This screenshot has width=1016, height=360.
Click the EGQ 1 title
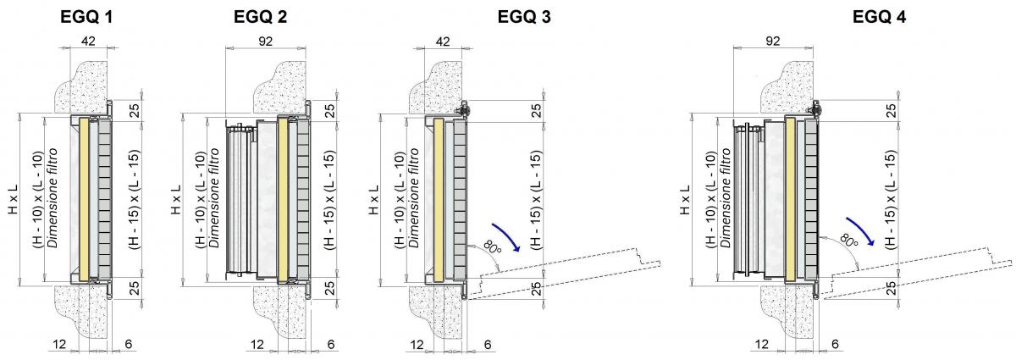point(86,17)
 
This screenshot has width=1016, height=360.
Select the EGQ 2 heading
point(260,17)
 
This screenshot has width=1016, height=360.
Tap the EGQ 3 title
point(524,17)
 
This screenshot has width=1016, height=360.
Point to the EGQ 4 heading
point(879,17)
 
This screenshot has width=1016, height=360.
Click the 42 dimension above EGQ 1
point(88,41)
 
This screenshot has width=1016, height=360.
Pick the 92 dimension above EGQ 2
point(265,41)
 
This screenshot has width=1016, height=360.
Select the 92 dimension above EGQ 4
point(773,41)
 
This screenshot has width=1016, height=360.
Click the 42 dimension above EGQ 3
point(443,41)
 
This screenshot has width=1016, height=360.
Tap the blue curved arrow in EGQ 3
point(507,236)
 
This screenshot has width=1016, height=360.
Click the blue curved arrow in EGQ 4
point(861,230)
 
